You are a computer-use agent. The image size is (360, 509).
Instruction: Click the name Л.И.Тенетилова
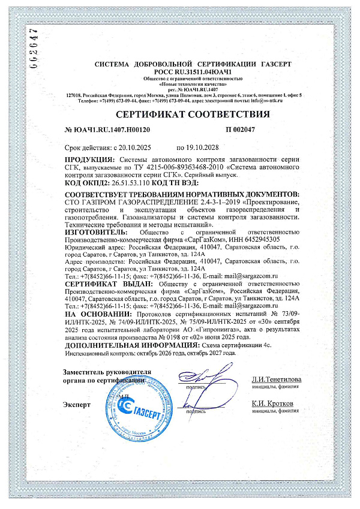point(277,380)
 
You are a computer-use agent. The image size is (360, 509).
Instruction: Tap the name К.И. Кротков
point(272,403)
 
